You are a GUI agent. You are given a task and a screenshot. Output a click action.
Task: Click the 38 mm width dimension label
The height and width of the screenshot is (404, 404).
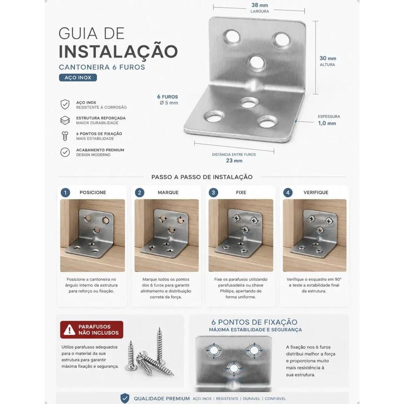[260, 5]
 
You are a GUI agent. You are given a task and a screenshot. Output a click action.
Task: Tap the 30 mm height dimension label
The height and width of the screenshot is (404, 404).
[328, 58]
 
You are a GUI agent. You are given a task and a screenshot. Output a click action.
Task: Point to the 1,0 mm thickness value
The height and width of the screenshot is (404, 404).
[327, 123]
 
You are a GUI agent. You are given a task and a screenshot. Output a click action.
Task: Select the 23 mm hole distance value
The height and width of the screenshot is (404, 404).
[234, 161]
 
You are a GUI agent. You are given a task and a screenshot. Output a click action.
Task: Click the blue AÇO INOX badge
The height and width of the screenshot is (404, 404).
[78, 78]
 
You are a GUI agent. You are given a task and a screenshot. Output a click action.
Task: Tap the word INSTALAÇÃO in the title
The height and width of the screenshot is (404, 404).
[118, 51]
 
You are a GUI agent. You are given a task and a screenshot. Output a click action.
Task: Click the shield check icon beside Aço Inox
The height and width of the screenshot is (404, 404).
[65, 105]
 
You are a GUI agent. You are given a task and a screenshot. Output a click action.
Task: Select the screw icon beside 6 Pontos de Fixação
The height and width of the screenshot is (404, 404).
[65, 136]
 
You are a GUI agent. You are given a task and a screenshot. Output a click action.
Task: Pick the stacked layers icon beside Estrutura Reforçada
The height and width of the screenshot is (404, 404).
[65, 120]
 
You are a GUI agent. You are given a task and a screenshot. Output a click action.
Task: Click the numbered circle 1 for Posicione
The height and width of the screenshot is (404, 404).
[65, 193]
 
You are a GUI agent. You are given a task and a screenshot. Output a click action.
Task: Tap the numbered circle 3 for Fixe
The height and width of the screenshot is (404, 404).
[213, 193]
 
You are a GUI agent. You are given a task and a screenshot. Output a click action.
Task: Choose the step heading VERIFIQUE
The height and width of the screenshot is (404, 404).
[316, 193]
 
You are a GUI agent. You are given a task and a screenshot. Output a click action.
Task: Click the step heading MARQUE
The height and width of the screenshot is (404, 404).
[168, 193]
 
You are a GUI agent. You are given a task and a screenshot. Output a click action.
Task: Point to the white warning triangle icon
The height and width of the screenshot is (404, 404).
[69, 329]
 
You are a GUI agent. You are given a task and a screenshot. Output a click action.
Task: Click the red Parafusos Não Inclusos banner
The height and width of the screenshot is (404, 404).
[92, 329]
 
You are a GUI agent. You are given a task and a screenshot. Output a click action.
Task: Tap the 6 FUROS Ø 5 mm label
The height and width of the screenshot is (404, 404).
[168, 100]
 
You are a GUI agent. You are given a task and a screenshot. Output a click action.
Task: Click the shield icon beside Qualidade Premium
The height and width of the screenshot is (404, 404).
[125, 398]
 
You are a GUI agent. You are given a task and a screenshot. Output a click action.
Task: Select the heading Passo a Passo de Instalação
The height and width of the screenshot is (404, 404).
[202, 177]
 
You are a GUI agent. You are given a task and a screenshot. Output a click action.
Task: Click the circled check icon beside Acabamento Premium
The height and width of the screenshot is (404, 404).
[65, 152]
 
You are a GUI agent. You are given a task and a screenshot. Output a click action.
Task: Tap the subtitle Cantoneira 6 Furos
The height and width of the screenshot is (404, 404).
[102, 67]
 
